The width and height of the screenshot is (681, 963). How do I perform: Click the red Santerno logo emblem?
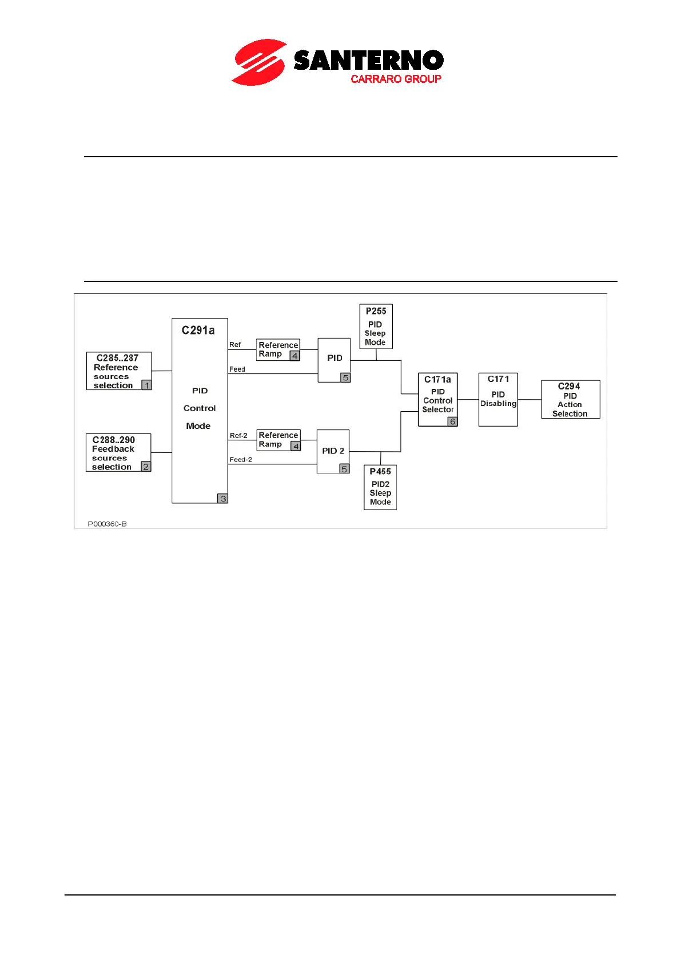259,62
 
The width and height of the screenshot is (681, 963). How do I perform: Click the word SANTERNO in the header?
368,60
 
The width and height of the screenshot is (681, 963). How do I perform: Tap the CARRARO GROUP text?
396,79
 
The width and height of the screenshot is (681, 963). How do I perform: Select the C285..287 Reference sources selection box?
118,371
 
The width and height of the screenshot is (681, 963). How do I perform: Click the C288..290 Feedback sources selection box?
118,453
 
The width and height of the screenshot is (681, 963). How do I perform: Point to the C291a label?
198,331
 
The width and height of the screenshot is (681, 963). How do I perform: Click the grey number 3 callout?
223,499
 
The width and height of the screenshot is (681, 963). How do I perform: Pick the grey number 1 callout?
147,385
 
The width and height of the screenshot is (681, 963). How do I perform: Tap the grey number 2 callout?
146,467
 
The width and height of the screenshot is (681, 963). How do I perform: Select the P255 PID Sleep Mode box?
376,327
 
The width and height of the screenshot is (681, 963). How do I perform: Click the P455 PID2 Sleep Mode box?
380,487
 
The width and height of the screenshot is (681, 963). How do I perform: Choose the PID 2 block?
333,451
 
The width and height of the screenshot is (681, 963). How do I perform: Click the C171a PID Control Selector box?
437,399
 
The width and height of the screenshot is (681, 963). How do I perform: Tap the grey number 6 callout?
452,421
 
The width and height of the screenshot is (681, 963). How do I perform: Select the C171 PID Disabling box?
498,399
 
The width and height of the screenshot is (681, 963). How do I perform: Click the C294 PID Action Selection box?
570,400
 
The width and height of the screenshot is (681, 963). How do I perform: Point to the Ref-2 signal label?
238,436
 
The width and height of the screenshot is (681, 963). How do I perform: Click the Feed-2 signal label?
241,460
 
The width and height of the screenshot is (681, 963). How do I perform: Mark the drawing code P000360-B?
107,524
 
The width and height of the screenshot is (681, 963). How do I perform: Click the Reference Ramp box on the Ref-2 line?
278,440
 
